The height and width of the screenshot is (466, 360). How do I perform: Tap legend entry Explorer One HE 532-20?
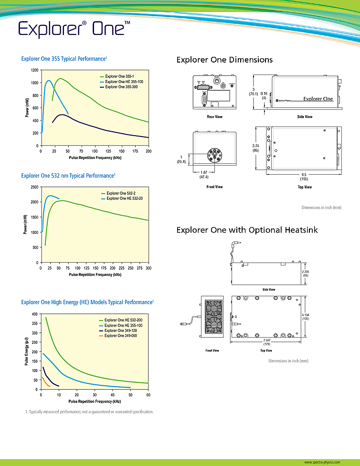point(125,198)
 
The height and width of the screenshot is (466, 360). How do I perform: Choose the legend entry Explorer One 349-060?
point(121,336)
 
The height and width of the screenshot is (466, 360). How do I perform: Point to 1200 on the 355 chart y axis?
point(34,70)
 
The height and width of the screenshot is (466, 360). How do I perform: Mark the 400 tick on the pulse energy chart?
point(34,314)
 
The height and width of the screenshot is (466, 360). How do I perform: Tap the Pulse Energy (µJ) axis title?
point(27,351)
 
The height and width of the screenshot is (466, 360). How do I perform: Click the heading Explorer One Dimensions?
point(224,60)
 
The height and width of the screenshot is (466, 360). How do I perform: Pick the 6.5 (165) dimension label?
point(304,177)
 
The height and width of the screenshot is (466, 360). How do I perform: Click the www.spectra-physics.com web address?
point(322,462)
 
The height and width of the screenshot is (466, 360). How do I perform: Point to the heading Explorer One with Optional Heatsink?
point(247,230)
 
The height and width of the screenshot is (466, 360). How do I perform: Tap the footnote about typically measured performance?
point(89,412)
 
